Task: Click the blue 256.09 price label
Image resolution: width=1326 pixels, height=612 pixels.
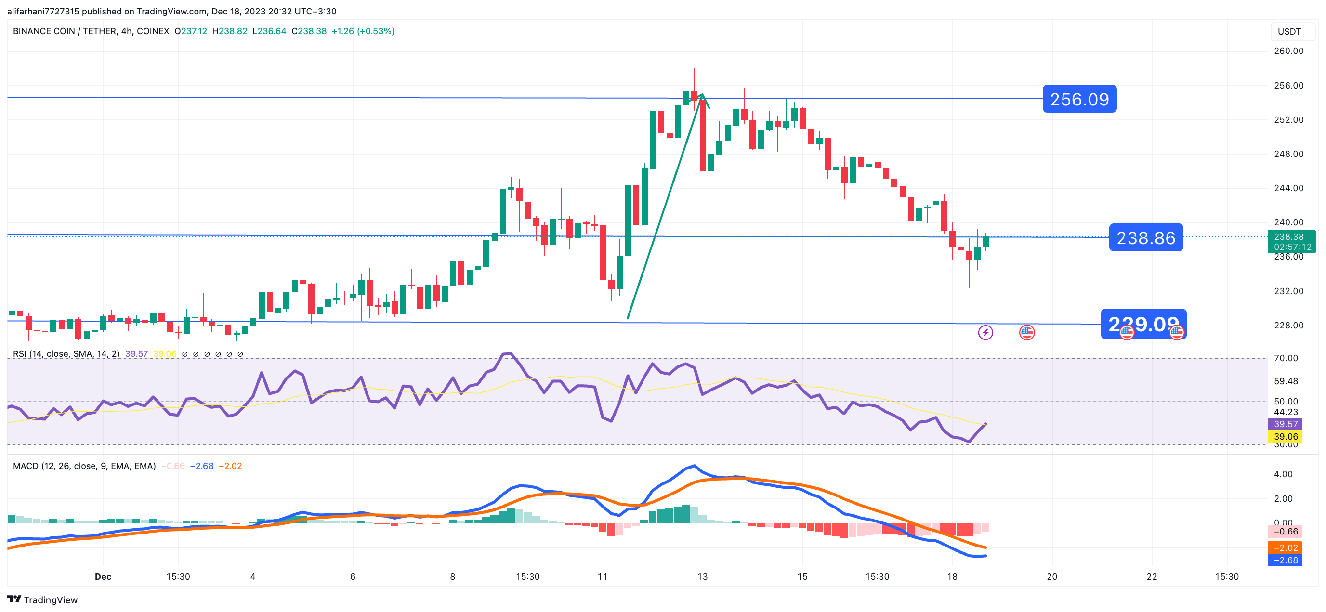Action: [x=1079, y=99]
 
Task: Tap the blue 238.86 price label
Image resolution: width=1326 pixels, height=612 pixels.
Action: [x=1145, y=238]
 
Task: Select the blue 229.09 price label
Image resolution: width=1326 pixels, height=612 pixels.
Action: [x=1143, y=324]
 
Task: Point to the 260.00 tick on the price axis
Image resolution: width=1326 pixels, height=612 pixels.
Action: [x=1288, y=51]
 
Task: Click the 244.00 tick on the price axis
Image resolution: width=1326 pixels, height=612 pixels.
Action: [x=1288, y=188]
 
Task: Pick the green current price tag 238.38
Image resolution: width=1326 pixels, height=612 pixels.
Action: [x=1291, y=241]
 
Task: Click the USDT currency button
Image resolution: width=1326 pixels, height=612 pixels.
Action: [x=1289, y=32]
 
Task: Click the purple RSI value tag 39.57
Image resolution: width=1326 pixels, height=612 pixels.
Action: [x=1285, y=424]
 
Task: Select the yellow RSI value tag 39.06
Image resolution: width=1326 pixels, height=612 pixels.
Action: [x=1285, y=436]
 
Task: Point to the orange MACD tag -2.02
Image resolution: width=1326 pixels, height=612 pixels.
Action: [x=1285, y=547]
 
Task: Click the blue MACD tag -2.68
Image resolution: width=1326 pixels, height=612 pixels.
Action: [x=1285, y=560]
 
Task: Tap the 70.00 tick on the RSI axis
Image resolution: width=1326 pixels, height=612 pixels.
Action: [x=1286, y=358]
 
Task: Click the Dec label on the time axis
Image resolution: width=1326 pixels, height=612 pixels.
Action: [x=103, y=576]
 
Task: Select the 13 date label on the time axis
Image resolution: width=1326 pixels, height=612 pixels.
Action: [x=702, y=576]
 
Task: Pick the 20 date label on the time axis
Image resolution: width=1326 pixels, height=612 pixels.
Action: [x=1051, y=576]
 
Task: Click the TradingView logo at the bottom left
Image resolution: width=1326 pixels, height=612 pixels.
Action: [x=43, y=599]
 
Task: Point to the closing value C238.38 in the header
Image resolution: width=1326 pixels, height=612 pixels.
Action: [x=309, y=31]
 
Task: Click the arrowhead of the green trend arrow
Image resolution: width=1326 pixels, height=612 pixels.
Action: [x=702, y=96]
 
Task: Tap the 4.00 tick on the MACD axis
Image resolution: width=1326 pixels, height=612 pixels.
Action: [x=1283, y=474]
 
